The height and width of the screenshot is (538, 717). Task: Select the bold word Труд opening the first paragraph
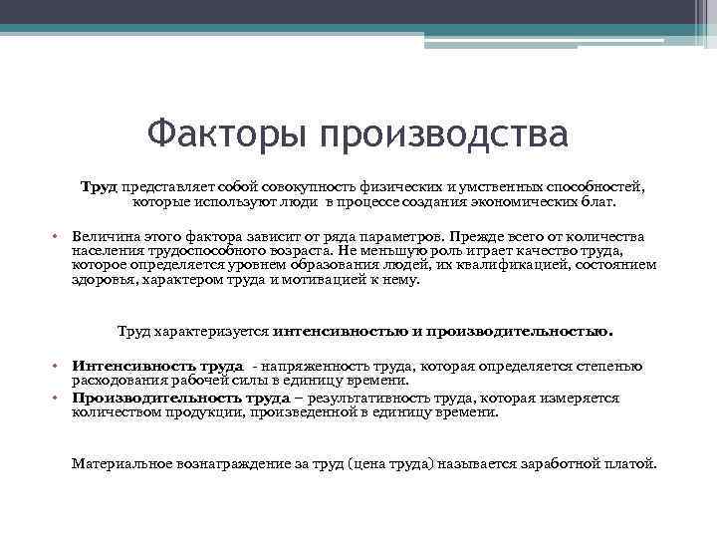click(99, 186)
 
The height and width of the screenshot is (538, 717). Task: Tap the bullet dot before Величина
click(58, 237)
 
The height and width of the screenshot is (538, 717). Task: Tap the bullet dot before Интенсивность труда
click(58, 367)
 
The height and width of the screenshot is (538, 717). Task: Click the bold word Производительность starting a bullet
click(145, 397)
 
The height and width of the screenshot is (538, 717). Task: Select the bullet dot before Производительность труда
click(58, 397)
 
